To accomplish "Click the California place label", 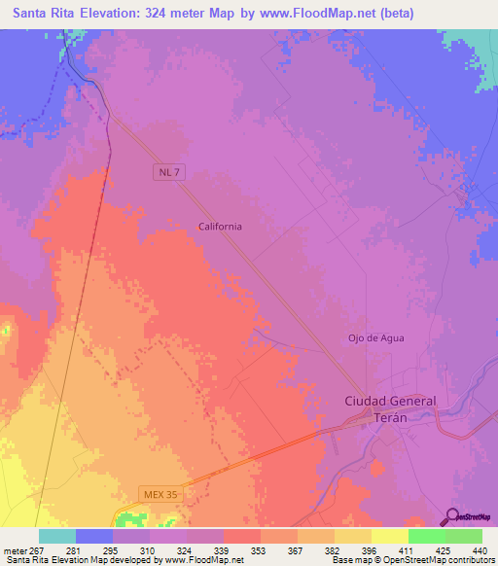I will [220, 226].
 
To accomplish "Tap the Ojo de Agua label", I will [375, 337].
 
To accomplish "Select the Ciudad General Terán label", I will [391, 408].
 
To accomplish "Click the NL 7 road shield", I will [168, 171].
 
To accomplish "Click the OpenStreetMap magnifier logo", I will [451, 515].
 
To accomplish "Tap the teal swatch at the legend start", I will [56, 535].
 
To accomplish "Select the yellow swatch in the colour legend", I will [389, 535].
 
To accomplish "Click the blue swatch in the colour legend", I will [93, 535].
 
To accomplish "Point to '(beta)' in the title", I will [396, 14].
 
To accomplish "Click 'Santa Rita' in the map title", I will [49, 14].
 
